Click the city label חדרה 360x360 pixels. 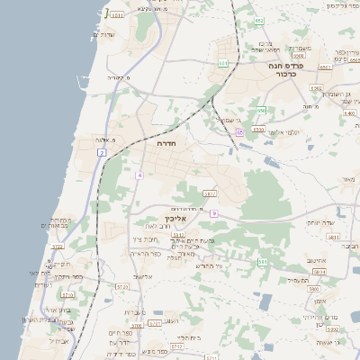click(x=166, y=143)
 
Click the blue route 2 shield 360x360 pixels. click(x=103, y=154)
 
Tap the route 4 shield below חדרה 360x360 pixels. click(x=139, y=175)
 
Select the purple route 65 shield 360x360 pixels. click(x=239, y=132)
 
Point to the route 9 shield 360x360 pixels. click(x=215, y=213)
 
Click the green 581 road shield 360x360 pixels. click(x=263, y=262)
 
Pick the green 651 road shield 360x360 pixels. click(x=223, y=63)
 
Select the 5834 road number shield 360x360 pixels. click(x=318, y=271)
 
